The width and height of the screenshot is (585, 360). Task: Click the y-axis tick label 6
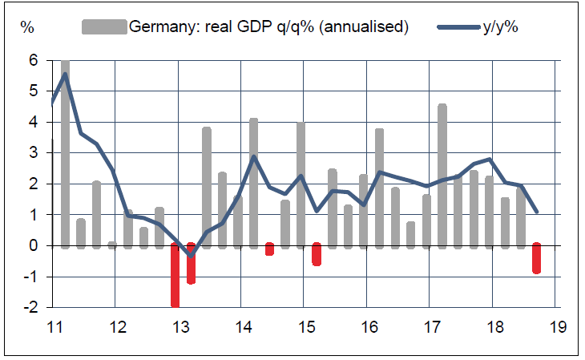34,60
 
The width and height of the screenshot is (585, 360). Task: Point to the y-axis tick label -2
30,307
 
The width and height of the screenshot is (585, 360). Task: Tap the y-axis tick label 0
34,245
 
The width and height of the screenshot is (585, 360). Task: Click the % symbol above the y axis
27,26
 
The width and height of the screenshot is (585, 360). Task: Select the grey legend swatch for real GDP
104,26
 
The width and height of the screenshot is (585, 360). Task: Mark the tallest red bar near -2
175,275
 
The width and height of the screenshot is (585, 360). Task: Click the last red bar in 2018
536,258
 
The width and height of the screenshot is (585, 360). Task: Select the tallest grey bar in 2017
442,175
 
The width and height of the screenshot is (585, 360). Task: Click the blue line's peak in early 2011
65,74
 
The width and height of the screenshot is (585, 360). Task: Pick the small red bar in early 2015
317,254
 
